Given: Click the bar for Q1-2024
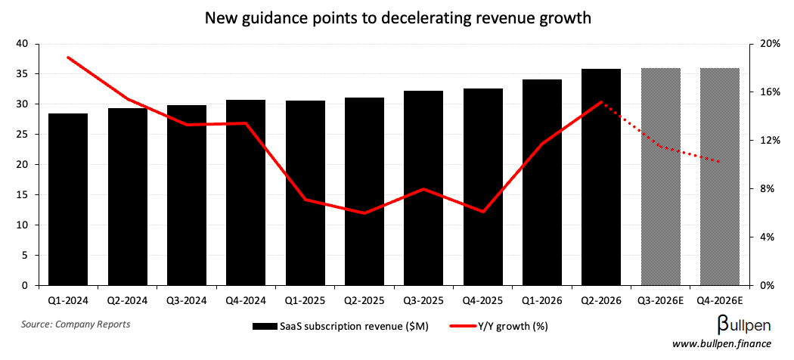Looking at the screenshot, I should (68, 200).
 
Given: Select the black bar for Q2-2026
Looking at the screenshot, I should (601, 177).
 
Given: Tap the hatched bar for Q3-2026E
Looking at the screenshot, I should (661, 177).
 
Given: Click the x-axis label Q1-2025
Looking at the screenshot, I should (305, 300).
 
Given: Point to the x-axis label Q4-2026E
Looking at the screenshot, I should (720, 300).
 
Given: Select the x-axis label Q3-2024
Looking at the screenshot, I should (186, 300).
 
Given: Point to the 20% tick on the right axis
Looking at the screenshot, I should (768, 44).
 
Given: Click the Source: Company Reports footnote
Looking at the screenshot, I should (76, 324).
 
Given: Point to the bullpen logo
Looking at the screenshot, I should (743, 326).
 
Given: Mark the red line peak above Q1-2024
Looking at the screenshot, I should (68, 57).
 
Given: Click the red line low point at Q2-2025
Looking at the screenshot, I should (364, 213).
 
